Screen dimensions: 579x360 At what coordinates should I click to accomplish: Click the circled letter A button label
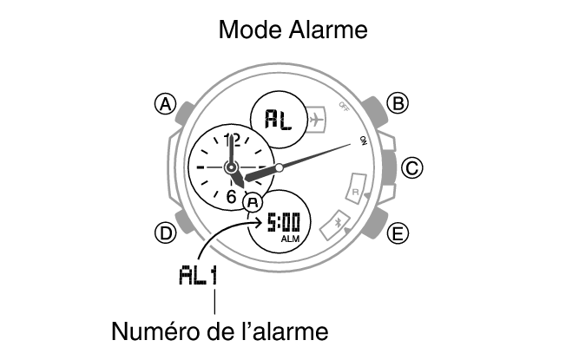(x=165, y=104)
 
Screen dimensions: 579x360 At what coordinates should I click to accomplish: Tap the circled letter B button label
(x=398, y=103)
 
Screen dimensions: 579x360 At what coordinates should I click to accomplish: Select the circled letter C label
(x=412, y=167)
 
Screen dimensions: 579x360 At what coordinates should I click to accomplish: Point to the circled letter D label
(x=165, y=233)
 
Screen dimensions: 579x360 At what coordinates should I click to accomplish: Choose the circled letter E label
(x=398, y=233)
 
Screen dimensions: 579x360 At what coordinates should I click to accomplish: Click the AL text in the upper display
(x=279, y=120)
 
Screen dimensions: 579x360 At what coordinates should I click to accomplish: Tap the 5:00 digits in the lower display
(x=284, y=222)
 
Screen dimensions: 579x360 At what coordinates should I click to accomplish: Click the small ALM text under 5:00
(x=290, y=239)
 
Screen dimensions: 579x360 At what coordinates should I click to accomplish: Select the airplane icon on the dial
(x=316, y=120)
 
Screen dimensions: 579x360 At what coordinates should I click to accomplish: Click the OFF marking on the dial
(x=344, y=107)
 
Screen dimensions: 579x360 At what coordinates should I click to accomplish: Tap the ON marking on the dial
(x=364, y=141)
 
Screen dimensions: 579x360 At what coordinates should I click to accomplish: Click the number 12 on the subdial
(x=232, y=140)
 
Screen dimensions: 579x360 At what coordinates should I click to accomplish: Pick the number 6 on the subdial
(x=231, y=197)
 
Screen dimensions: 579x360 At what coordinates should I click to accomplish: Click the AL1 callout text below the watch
(x=198, y=275)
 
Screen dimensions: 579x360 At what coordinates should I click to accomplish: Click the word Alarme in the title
(x=328, y=29)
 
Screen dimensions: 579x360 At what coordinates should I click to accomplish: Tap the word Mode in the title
(x=251, y=29)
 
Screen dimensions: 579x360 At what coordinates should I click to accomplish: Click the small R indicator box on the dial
(x=356, y=188)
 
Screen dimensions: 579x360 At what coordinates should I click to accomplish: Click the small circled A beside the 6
(x=253, y=202)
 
